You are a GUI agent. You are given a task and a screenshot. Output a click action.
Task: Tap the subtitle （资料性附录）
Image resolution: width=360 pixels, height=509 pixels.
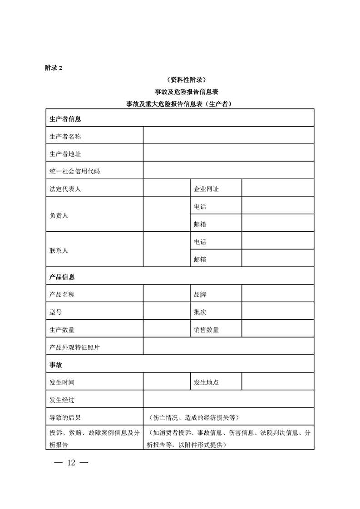coord(180,80)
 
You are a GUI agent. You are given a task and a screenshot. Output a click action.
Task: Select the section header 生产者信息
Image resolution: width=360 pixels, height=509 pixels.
coord(65,119)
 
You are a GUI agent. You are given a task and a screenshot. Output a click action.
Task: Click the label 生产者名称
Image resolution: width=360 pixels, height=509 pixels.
coord(65,136)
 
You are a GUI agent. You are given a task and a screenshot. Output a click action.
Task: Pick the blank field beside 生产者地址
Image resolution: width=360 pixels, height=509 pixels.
coord(228,153)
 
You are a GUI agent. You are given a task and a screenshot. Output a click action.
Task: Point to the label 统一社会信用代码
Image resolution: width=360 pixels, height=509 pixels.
coord(74,171)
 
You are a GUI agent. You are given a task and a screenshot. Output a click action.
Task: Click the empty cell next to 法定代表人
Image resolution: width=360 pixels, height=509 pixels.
coord(166,189)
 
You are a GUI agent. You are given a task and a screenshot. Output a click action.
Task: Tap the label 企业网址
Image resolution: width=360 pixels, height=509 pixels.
coord(206,189)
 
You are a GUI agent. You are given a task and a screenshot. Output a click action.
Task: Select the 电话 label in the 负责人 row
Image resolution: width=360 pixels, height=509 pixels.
coord(200,206)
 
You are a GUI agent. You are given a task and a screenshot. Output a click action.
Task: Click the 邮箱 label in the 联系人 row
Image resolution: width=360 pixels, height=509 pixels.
coord(200,259)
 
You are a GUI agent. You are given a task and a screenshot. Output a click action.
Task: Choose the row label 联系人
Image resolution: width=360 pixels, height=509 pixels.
coord(59,250)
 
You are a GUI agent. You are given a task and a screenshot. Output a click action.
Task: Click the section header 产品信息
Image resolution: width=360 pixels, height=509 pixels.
coord(62,277)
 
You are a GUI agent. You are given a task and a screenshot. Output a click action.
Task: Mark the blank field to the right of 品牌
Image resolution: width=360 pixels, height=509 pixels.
coord(277,294)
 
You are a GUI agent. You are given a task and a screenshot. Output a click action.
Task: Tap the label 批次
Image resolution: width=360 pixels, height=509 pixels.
coord(200,312)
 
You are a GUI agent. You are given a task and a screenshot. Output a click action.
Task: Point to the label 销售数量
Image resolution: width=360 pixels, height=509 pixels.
coord(206,330)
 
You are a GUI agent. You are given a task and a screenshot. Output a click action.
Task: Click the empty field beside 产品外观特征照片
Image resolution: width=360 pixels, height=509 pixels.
coord(228,347)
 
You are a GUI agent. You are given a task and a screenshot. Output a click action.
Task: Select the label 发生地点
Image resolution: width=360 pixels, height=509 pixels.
coord(206,382)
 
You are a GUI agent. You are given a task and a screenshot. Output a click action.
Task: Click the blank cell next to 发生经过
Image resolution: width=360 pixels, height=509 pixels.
coord(228,400)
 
